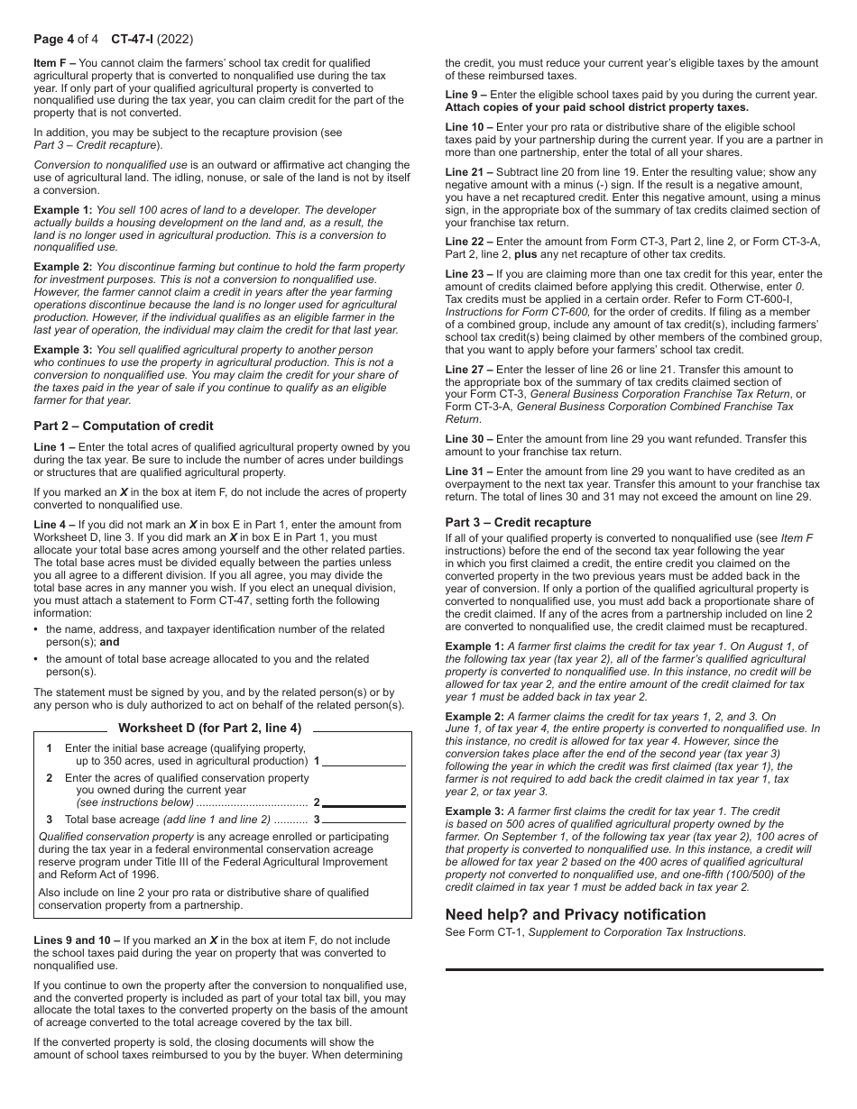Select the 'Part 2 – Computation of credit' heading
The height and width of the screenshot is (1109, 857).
(x=124, y=426)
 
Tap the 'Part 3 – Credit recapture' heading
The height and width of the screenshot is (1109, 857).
(x=518, y=522)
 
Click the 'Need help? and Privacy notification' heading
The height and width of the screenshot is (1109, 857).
(x=576, y=914)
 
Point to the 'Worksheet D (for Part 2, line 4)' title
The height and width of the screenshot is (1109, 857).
(x=210, y=728)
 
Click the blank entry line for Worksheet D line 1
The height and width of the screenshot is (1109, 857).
(x=364, y=761)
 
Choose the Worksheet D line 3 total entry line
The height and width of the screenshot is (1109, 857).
(x=364, y=820)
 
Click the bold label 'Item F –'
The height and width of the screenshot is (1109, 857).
(x=55, y=63)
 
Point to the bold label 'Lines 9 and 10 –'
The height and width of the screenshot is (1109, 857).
(x=77, y=940)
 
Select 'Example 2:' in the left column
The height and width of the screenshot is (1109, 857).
(x=63, y=268)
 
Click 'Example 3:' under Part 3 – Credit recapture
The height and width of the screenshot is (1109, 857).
(x=475, y=811)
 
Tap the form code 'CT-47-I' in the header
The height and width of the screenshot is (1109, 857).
(x=132, y=39)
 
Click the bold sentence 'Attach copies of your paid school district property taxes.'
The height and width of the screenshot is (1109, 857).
(x=596, y=107)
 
